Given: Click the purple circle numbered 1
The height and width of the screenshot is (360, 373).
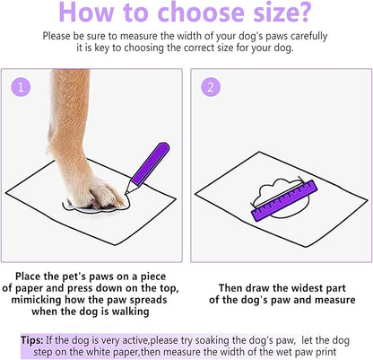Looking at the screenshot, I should [x=22, y=86].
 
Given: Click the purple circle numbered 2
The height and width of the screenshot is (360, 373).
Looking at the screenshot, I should [x=211, y=86].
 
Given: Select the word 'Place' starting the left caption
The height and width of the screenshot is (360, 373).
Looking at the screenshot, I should [x=32, y=274].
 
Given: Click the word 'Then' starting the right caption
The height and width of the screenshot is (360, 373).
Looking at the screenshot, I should [x=232, y=286].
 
